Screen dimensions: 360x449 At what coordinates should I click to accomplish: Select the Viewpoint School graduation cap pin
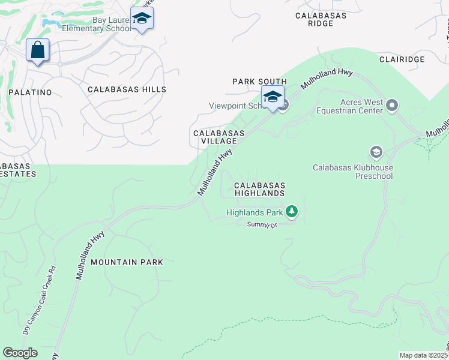(x=273, y=97)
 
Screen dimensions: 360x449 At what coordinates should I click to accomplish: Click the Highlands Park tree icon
(x=292, y=211)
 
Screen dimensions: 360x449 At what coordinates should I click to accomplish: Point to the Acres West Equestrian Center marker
(x=393, y=106)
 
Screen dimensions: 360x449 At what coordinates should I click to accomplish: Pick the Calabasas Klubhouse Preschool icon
(x=376, y=152)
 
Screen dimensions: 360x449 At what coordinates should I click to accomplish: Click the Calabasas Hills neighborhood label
(x=127, y=89)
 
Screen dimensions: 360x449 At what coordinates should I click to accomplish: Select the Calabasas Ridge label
(x=321, y=19)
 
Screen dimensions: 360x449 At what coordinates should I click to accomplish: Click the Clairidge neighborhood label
(x=402, y=59)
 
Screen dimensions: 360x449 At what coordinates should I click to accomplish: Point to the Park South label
(x=260, y=82)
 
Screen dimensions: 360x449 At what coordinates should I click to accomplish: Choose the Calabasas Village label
(x=218, y=137)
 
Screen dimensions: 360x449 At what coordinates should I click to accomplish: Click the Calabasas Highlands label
(x=259, y=190)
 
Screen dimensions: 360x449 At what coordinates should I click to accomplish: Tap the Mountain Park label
(x=127, y=262)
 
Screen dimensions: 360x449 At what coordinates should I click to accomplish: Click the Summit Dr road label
(x=262, y=224)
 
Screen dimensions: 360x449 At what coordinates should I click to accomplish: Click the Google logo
(x=20, y=353)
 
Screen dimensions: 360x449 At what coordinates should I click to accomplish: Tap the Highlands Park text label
(x=255, y=212)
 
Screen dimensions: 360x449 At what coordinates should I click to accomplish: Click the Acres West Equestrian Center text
(x=353, y=106)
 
